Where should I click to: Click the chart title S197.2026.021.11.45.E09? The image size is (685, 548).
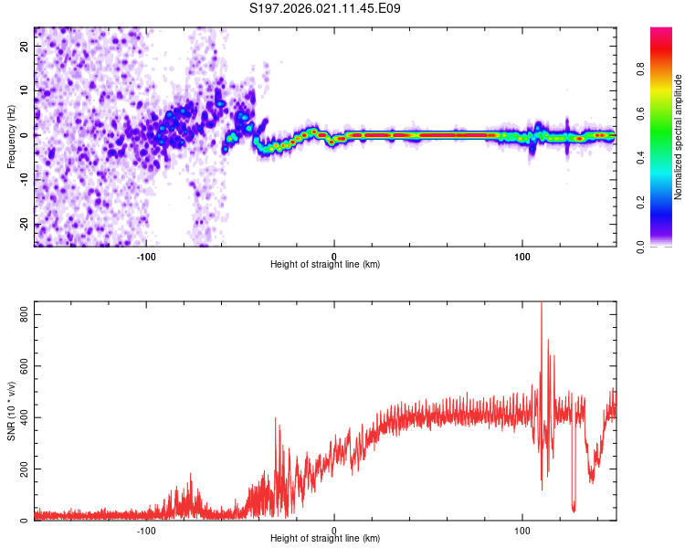point(324,8)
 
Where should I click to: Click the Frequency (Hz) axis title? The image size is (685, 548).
point(11,137)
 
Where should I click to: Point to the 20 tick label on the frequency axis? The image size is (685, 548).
point(24,47)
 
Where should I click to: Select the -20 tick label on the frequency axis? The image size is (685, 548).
point(24,224)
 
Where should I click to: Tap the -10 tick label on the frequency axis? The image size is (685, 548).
point(24,180)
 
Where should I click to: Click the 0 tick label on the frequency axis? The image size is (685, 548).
point(24,135)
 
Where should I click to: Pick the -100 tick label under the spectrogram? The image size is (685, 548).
point(146,257)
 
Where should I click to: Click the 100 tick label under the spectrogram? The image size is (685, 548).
point(522,257)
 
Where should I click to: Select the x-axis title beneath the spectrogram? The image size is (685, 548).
point(325,264)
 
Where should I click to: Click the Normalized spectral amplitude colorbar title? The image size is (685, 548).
point(678,137)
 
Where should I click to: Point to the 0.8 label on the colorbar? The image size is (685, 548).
point(640,69)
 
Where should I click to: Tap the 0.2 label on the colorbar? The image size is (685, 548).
point(640,203)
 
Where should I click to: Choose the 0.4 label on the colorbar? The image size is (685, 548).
point(640,158)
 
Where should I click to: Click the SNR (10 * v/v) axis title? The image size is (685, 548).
point(11,411)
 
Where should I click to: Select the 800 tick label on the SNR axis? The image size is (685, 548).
point(24,314)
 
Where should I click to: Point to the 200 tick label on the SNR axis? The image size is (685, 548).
point(24,469)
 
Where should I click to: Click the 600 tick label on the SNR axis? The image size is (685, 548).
point(24,365)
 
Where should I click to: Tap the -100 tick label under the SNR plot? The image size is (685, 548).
point(146,531)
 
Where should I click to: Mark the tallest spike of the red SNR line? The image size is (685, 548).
point(542,303)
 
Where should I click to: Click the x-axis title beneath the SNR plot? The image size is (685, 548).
point(325,538)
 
